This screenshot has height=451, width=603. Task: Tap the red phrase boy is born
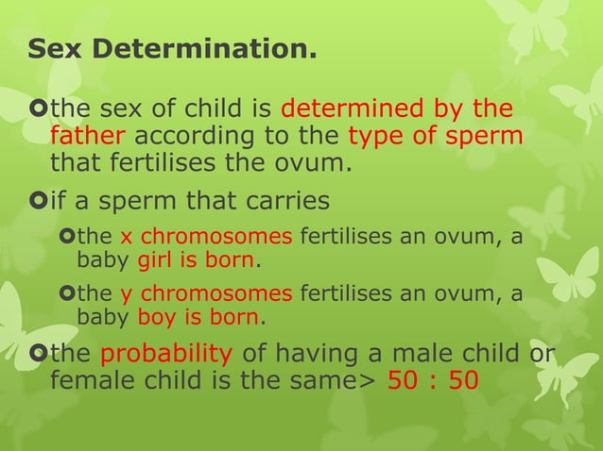click(201, 318)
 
